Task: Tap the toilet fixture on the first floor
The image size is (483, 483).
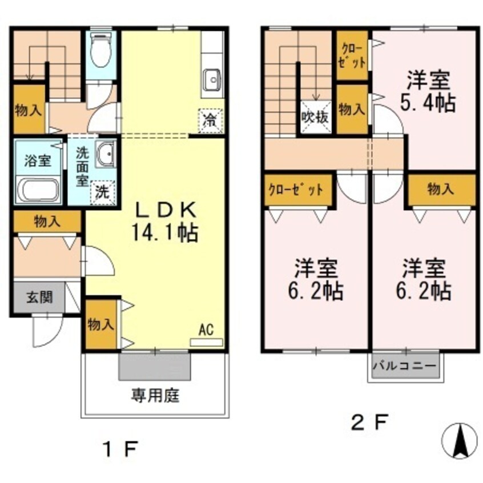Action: [100, 53]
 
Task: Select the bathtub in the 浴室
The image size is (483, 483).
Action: [39, 190]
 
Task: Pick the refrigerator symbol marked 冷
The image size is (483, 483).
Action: [210, 120]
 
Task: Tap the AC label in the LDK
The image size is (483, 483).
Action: [206, 329]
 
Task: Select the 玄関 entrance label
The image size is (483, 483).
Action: [39, 297]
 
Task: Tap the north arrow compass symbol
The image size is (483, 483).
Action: [460, 441]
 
